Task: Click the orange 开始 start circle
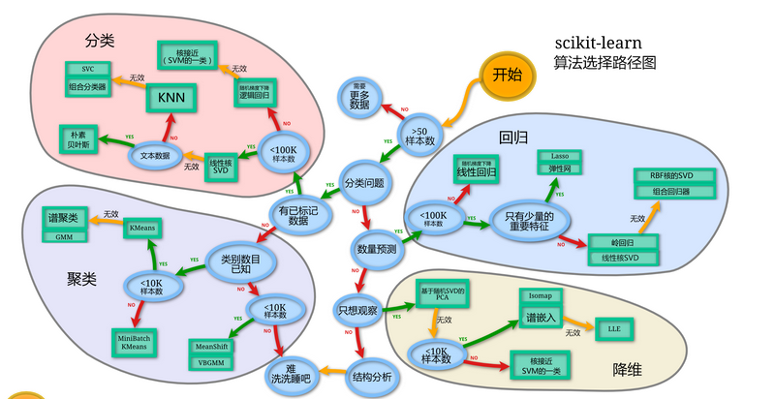(508, 75)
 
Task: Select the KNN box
(171, 97)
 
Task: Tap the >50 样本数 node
(419, 137)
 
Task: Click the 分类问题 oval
(364, 182)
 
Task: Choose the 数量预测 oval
(375, 249)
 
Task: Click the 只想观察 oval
(356, 311)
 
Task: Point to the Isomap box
(540, 293)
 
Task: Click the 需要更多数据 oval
(359, 97)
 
